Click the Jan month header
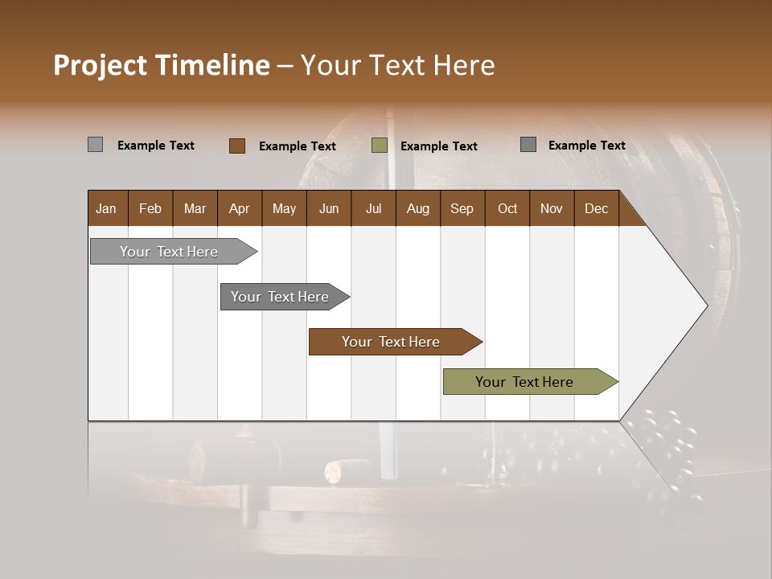coord(107,208)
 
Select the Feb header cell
coord(150,208)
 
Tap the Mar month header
coord(195,208)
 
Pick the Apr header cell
coord(240,208)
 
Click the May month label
coord(284,208)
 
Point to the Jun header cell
coord(329,208)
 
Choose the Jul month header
coord(373,208)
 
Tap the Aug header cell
coord(418,208)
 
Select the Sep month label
coord(462,208)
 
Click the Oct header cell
coord(507,208)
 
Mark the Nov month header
coord(552,208)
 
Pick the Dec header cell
coord(597,208)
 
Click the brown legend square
coord(237,146)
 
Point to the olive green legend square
coord(380,146)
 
